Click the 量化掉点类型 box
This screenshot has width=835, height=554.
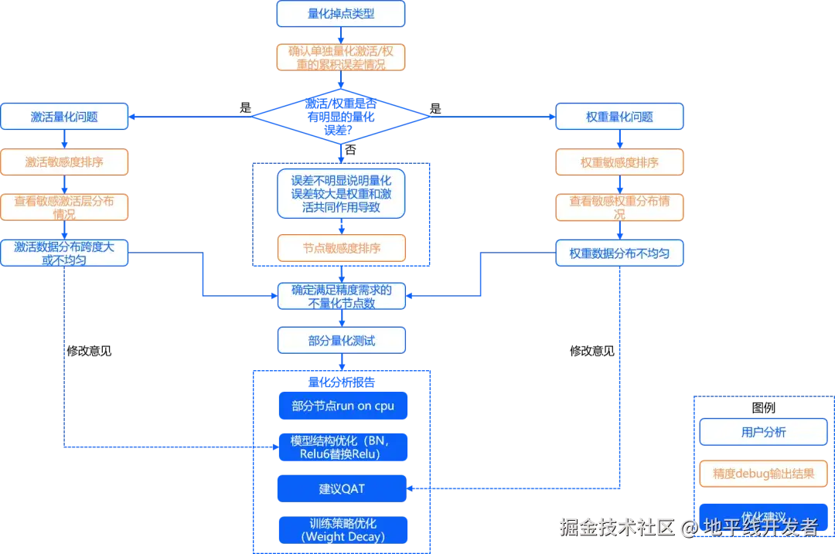click(341, 13)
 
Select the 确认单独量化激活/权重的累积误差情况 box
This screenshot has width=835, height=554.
click(341, 57)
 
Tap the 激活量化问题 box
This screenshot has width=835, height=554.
click(64, 117)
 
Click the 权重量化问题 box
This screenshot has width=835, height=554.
click(620, 117)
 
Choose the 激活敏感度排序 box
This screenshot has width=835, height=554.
click(64, 162)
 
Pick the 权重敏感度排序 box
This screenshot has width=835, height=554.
click(620, 162)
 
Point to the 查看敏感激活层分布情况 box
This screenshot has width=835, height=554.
click(64, 207)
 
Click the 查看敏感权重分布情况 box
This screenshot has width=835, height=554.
click(620, 207)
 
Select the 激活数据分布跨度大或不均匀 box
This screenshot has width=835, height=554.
click(64, 253)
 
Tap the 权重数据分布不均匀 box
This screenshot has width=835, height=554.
click(620, 253)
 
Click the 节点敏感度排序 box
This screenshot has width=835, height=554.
click(341, 248)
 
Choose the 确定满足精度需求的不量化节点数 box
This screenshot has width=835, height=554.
click(341, 297)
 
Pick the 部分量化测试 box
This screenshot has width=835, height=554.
click(341, 340)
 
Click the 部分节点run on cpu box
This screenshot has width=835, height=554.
click(343, 406)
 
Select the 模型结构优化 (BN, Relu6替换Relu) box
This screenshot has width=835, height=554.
click(343, 447)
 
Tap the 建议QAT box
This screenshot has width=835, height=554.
click(343, 488)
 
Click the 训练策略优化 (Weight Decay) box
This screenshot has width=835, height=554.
click(343, 529)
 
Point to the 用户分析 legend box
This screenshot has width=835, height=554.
click(763, 432)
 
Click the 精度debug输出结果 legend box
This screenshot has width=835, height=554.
click(763, 474)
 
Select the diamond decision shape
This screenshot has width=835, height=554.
click(341, 117)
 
